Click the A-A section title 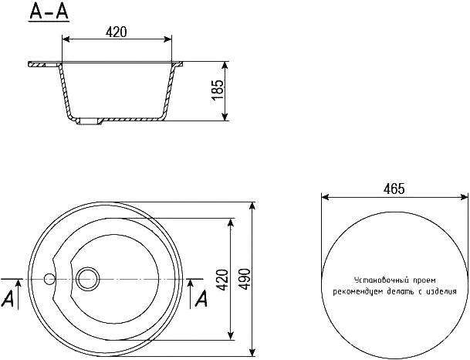click(49, 12)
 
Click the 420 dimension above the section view click(117, 32)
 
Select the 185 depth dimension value click(218, 90)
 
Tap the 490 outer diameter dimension click(245, 280)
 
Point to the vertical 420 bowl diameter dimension click(222, 280)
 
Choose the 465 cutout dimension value click(394, 189)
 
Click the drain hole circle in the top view click(87, 279)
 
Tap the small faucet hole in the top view click(49, 279)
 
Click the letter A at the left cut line click(8, 298)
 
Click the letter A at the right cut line click(201, 298)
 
